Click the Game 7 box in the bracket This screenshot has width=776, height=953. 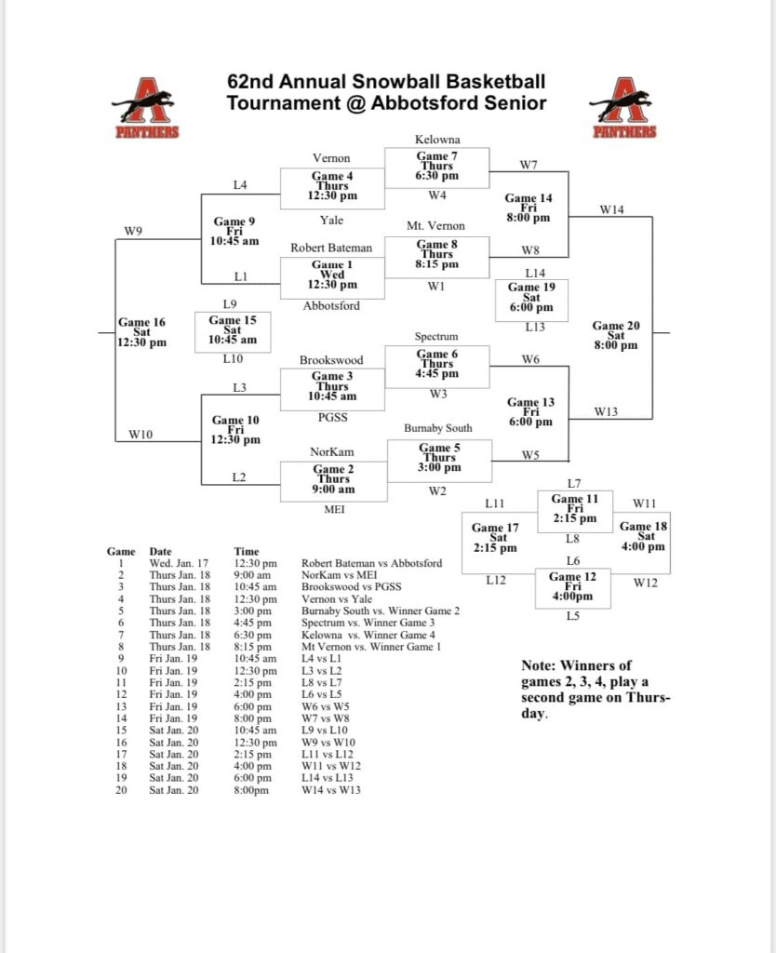coord(436,168)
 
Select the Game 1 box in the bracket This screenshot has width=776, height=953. coord(332,276)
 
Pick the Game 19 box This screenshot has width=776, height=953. coord(530,298)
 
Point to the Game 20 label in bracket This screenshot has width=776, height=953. coord(615,335)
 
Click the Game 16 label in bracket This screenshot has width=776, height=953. coord(141,332)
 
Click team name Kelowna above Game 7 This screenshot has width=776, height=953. coord(436,140)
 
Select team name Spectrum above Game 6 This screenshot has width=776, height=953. coord(436,336)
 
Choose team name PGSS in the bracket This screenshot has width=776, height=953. coord(332,418)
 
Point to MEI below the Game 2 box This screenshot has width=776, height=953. coord(332,509)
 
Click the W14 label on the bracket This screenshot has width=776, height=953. coord(611,210)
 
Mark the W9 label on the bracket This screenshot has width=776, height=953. coord(133,231)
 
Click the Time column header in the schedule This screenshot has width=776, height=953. coord(247,552)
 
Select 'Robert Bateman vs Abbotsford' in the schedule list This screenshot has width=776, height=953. coord(371,564)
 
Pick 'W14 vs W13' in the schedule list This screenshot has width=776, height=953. coord(330,790)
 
